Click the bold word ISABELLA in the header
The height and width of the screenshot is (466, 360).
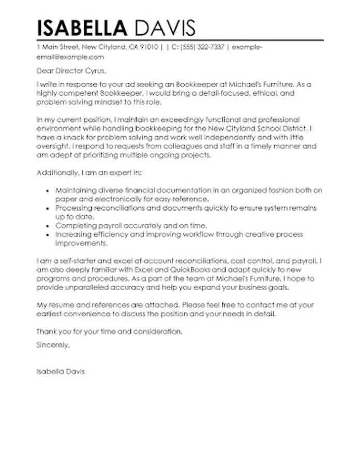[x=82, y=27]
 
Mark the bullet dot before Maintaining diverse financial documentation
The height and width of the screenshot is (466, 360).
[x=48, y=191]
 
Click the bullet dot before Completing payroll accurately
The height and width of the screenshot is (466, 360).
[x=48, y=226]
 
